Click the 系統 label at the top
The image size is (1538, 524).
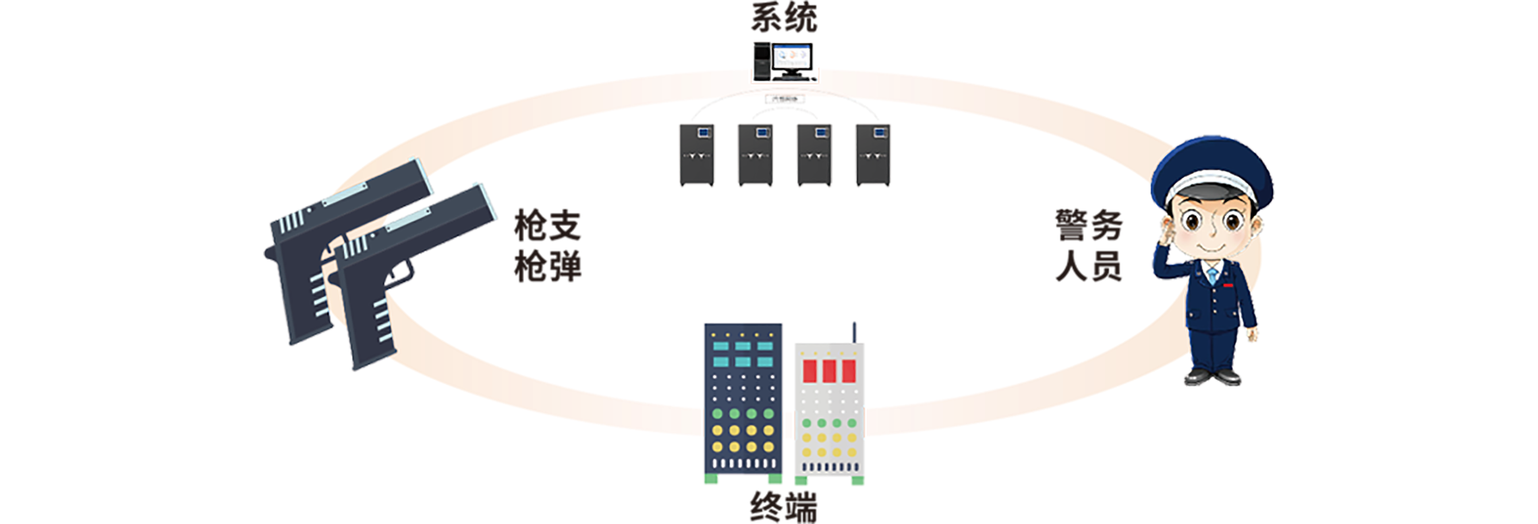[x=785, y=18]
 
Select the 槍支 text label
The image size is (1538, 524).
[x=548, y=226]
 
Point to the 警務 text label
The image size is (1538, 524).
[x=1089, y=226]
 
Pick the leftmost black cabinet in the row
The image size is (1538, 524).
[x=696, y=155]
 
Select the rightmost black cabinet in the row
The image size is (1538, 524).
[x=874, y=155]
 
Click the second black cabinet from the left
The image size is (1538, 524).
[x=756, y=155]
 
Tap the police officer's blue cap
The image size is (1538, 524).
[x=1212, y=169]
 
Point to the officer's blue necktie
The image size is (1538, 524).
[x=1213, y=276]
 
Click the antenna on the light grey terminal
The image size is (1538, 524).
[x=853, y=332]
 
